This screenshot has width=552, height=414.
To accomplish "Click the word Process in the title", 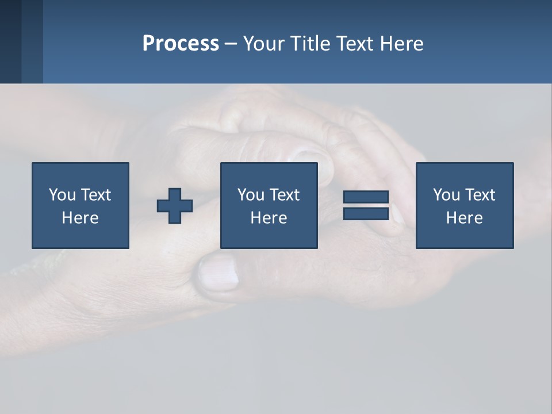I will tap(181, 44).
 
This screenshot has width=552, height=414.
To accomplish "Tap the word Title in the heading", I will tap(312, 44).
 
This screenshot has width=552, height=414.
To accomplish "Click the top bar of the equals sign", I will tap(366, 197).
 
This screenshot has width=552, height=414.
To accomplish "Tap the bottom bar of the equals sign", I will tap(366, 213).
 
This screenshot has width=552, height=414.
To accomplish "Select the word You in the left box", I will tap(62, 195).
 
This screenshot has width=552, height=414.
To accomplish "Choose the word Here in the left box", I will tap(80, 218).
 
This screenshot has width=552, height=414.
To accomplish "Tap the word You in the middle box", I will tap(251, 195).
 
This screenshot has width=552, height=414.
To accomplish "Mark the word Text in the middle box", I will tap(284, 195).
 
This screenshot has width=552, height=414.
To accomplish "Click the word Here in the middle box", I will tap(269, 218).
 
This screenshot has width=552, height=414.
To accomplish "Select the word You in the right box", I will tap(446, 195).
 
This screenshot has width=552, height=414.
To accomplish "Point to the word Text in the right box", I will tap(480, 195).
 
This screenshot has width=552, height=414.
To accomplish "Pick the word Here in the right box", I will tap(464, 218).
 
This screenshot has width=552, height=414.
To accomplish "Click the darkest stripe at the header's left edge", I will tap(10, 41).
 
